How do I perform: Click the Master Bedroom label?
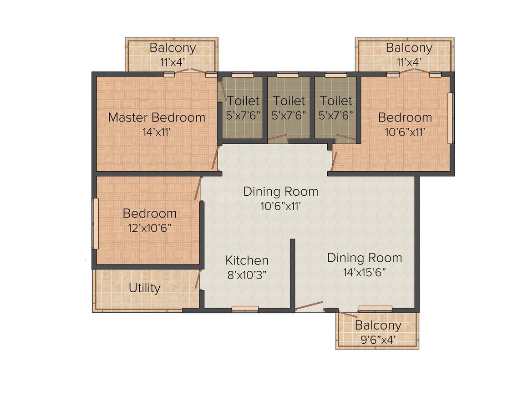pyautogui.click(x=157, y=117)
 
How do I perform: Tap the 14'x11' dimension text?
pyautogui.click(x=156, y=132)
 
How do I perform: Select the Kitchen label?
pyautogui.click(x=247, y=260)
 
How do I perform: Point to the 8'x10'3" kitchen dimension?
pyautogui.click(x=247, y=275)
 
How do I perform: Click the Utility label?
pyautogui.click(x=144, y=288)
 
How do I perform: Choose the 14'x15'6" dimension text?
pyautogui.click(x=364, y=272)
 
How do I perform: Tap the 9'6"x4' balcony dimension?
pyautogui.click(x=378, y=340)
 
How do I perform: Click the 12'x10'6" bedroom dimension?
pyautogui.click(x=149, y=228)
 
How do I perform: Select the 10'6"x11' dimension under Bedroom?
pyautogui.click(x=405, y=132)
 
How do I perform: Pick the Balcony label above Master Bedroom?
pyautogui.click(x=173, y=48)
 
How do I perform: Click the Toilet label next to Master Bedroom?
pyautogui.click(x=243, y=101)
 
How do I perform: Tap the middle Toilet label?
pyautogui.click(x=289, y=101)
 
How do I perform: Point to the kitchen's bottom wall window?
pyautogui.click(x=245, y=309)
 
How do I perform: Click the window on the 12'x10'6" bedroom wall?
pyautogui.click(x=96, y=223)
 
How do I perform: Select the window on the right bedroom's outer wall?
pyautogui.click(x=451, y=118)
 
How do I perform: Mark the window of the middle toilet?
pyautogui.click(x=288, y=75)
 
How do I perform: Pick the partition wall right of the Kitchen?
pyautogui.click(x=293, y=274)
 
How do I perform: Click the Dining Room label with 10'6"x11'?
pyautogui.click(x=281, y=192)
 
